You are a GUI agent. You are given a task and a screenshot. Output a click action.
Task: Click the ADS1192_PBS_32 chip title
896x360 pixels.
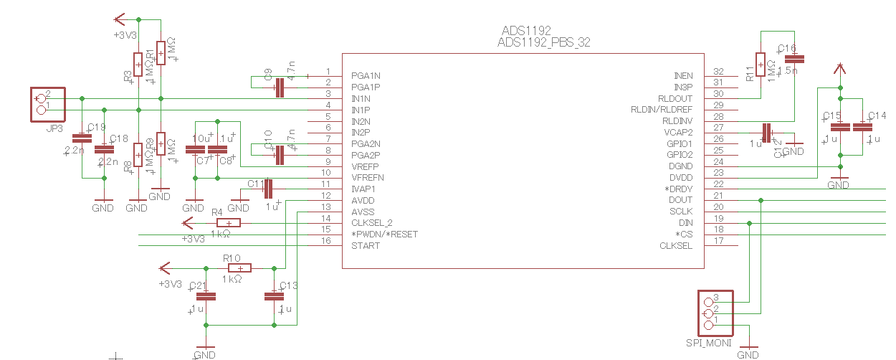click(x=543, y=42)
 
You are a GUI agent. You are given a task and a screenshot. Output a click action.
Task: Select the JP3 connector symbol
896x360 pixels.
click(x=47, y=104)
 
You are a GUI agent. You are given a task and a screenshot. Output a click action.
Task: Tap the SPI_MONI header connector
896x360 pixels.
click(x=716, y=313)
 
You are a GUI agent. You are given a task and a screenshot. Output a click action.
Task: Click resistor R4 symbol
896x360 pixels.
click(x=228, y=223)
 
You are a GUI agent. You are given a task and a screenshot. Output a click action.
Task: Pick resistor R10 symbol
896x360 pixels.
click(x=240, y=268)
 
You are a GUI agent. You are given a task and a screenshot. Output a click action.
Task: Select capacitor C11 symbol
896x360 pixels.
click(x=269, y=189)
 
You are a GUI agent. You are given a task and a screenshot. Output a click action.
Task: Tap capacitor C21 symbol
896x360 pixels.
click(x=206, y=295)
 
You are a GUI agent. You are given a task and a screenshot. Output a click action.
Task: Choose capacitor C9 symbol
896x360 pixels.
click(x=280, y=87)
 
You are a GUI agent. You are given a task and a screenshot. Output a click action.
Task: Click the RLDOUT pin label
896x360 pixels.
click(x=675, y=98)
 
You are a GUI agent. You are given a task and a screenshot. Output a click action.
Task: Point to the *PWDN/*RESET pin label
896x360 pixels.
click(x=384, y=235)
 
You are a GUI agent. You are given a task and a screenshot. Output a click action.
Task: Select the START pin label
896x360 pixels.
click(x=366, y=246)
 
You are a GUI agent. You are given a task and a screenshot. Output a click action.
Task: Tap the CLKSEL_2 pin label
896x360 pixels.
click(x=373, y=223)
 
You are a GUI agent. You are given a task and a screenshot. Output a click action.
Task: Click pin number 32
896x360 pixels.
click(x=719, y=72)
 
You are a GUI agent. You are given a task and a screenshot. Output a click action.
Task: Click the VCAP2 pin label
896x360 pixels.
click(x=678, y=132)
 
